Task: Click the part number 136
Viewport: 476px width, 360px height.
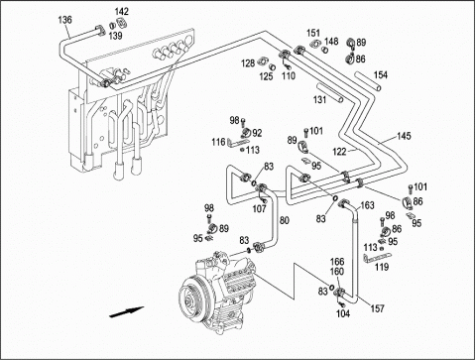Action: pos(64,20)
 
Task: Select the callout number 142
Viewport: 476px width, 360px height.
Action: pos(121,12)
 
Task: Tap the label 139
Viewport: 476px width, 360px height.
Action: pos(116,36)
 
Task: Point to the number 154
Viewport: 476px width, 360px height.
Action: pos(381,75)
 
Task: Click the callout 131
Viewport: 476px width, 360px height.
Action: pos(319,99)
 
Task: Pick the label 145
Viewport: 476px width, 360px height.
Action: pos(404,136)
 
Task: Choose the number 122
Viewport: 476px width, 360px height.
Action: pos(339,152)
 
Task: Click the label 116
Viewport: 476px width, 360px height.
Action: pos(218,143)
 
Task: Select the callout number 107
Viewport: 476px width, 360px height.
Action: pos(259,209)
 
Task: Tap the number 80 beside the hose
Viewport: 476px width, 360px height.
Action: pos(285,220)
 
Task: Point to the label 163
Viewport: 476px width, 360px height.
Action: pos(367,205)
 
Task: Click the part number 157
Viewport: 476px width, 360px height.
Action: pos(377,308)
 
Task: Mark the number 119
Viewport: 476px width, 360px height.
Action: pos(382,267)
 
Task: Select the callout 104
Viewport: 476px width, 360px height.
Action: pos(343,313)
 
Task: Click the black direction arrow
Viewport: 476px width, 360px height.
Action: pos(126,311)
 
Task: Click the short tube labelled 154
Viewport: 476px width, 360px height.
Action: pos(368,81)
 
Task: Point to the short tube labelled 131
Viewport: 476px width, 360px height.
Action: pos(329,92)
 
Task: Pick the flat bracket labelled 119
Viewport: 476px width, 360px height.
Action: pos(377,258)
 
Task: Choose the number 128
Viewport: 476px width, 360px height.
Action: pos(248,63)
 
